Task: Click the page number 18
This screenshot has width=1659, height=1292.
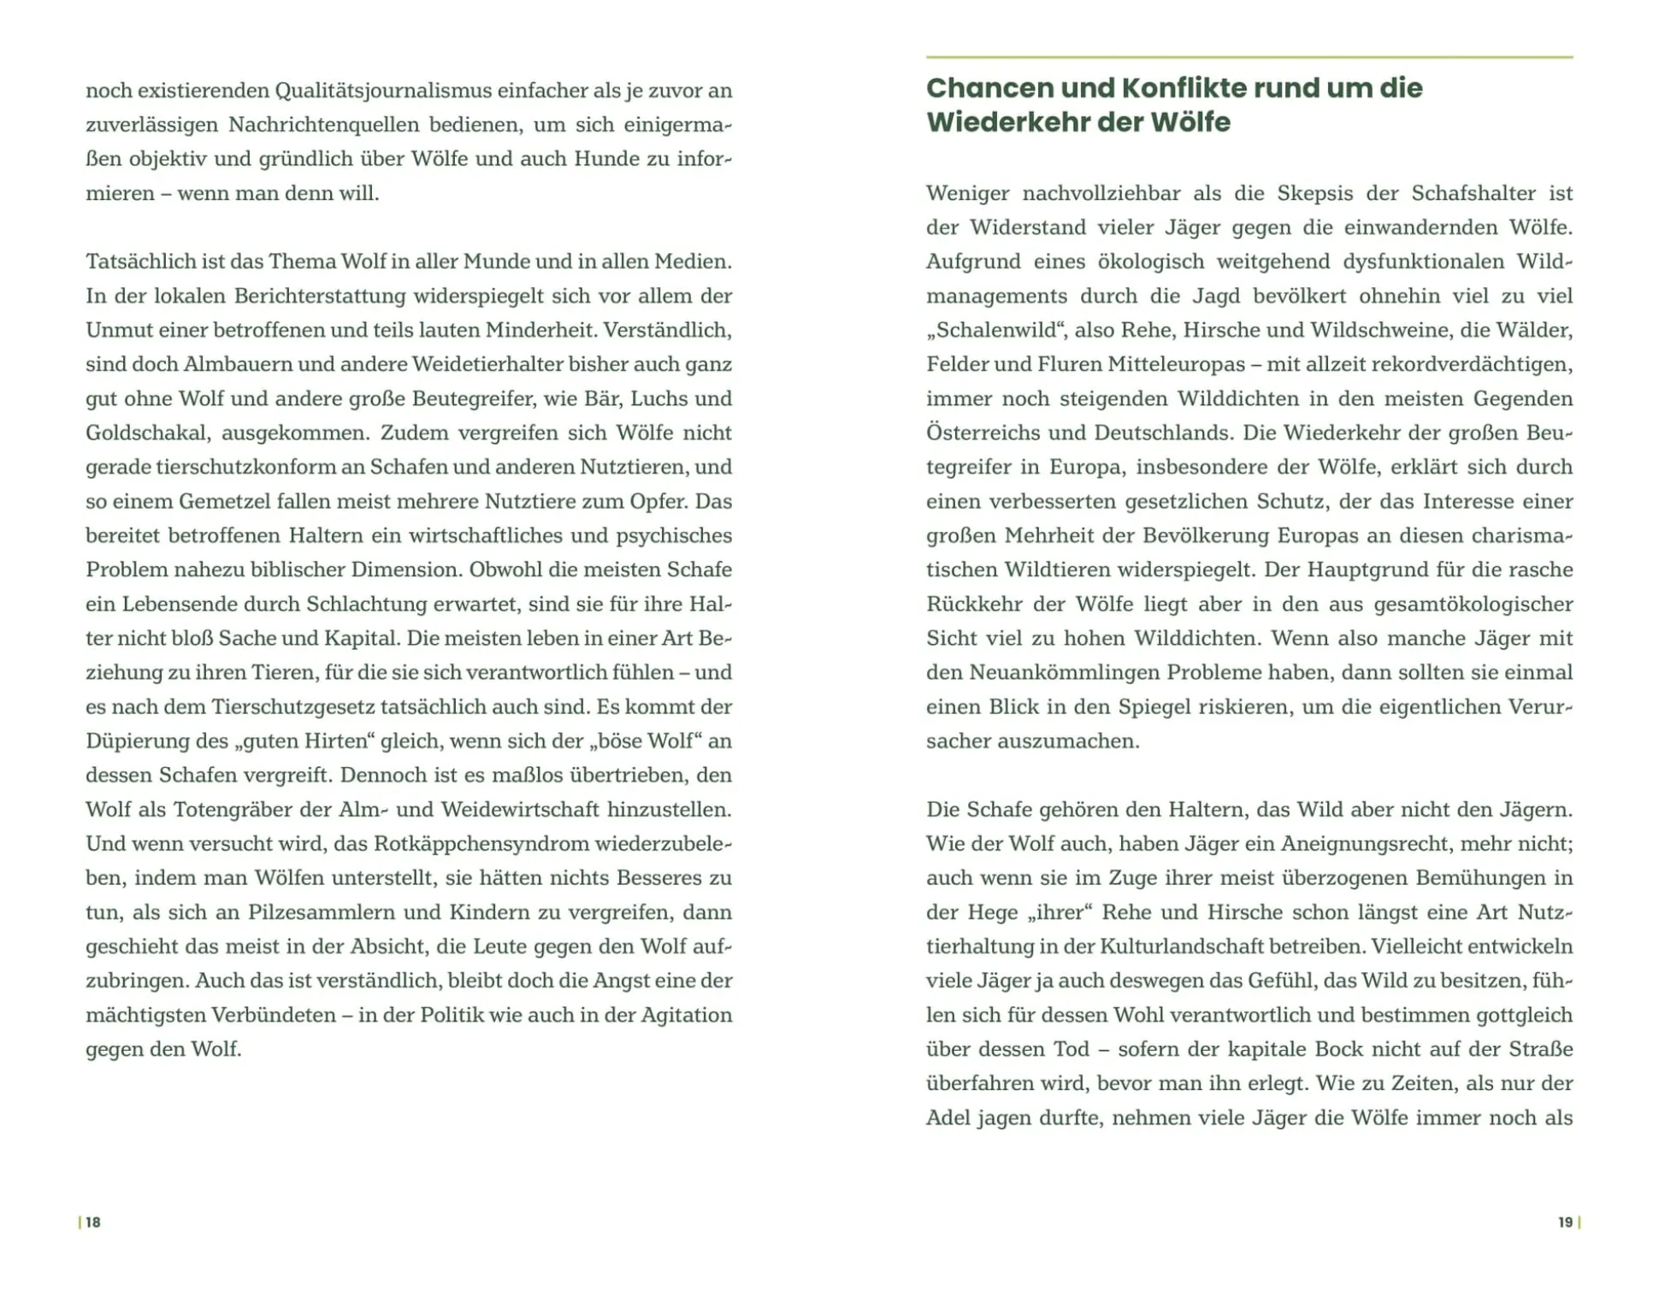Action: click(x=92, y=1222)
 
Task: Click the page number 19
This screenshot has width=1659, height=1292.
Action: click(x=1565, y=1222)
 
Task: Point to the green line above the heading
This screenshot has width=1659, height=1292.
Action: click(x=1249, y=57)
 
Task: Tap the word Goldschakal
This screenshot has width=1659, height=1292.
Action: click(x=146, y=433)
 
